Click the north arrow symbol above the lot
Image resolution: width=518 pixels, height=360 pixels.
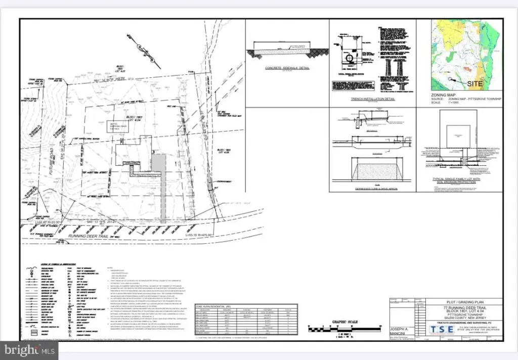coord(145,51)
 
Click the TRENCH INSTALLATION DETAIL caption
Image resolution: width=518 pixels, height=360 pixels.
coord(372,99)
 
